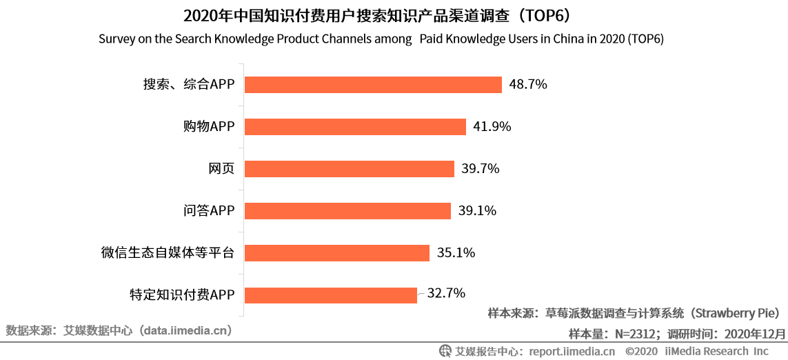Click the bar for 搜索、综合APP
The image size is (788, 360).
click(x=373, y=85)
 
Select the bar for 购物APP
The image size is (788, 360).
click(x=356, y=127)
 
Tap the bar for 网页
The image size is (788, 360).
click(x=350, y=169)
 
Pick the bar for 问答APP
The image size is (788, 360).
click(x=348, y=211)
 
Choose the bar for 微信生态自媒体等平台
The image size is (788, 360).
click(x=337, y=253)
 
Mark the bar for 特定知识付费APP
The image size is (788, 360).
click(x=331, y=295)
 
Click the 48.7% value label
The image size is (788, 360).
click(x=527, y=85)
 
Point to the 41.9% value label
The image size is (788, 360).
click(x=492, y=127)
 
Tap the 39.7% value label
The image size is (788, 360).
click(x=481, y=169)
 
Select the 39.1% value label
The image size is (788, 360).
click(x=477, y=211)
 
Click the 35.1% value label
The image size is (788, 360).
click(x=456, y=253)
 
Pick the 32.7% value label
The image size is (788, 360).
click(x=446, y=293)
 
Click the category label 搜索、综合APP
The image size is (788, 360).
click(x=189, y=85)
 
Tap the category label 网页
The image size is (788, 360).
click(x=221, y=169)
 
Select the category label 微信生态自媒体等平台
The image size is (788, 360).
click(x=168, y=253)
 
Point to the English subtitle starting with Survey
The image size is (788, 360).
click(x=381, y=39)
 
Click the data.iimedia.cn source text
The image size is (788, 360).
click(x=185, y=330)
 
